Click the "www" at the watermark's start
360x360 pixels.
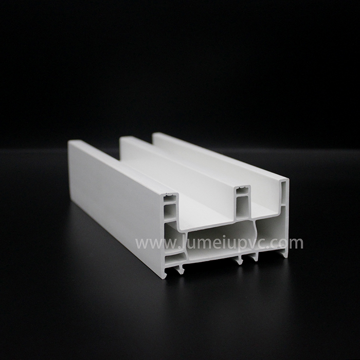point(149,242)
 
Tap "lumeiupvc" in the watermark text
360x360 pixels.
point(212,242)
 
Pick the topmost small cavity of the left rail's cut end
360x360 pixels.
point(170,199)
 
